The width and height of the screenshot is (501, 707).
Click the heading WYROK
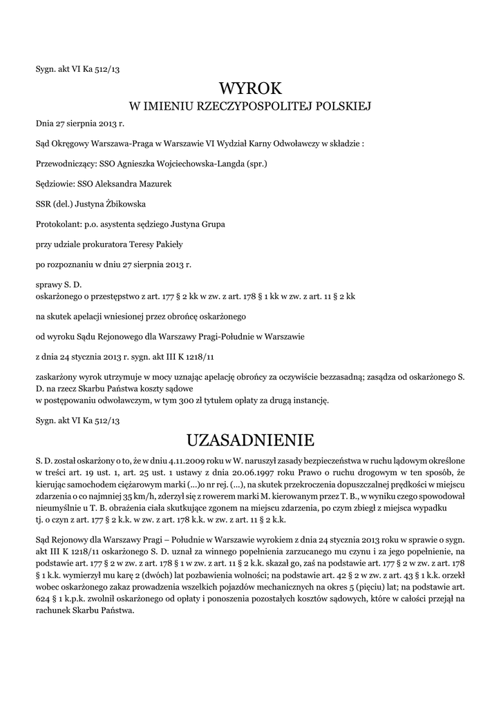point(251,88)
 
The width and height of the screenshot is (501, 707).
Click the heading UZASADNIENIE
point(251,440)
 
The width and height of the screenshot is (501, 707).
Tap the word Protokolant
point(58,224)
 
